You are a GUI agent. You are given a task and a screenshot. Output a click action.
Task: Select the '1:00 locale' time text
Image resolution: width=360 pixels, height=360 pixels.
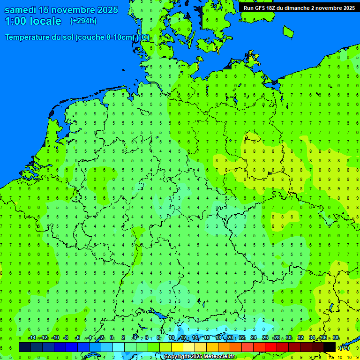pyautogui.click(x=33, y=21)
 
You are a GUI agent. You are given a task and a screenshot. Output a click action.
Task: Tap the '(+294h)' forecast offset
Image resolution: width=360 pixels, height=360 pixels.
pyautogui.click(x=83, y=21)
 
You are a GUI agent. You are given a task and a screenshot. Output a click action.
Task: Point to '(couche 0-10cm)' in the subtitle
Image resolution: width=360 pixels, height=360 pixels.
pyautogui.click(x=105, y=37)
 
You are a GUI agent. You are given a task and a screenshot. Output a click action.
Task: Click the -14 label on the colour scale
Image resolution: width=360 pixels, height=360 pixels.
pyautogui.click(x=32, y=338)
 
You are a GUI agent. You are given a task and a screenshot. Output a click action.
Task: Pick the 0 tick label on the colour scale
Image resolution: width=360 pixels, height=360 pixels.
pyautogui.click(x=112, y=338)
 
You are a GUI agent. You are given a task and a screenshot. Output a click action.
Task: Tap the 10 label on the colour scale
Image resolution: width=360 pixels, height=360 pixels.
pyautogui.click(x=172, y=338)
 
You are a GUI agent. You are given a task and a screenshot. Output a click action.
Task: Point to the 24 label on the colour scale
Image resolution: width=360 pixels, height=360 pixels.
pyautogui.click(x=254, y=338)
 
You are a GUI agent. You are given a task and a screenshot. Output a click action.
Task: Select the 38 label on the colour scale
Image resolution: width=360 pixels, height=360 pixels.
pyautogui.click(x=336, y=338)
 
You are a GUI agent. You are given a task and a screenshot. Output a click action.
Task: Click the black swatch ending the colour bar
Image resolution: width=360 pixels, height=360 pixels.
pyautogui.click(x=330, y=347)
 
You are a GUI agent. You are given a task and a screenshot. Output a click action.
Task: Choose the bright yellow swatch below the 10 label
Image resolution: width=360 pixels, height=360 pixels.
pyautogui.click(x=177, y=347)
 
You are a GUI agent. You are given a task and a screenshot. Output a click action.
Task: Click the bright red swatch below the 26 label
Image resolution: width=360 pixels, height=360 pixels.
pyautogui.click(x=271, y=347)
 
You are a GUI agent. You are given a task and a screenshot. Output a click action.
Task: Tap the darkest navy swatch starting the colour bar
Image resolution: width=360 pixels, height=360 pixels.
pyautogui.click(x=25, y=347)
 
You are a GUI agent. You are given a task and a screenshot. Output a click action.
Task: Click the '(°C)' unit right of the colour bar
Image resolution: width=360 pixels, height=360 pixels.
pyautogui.click(x=345, y=348)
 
